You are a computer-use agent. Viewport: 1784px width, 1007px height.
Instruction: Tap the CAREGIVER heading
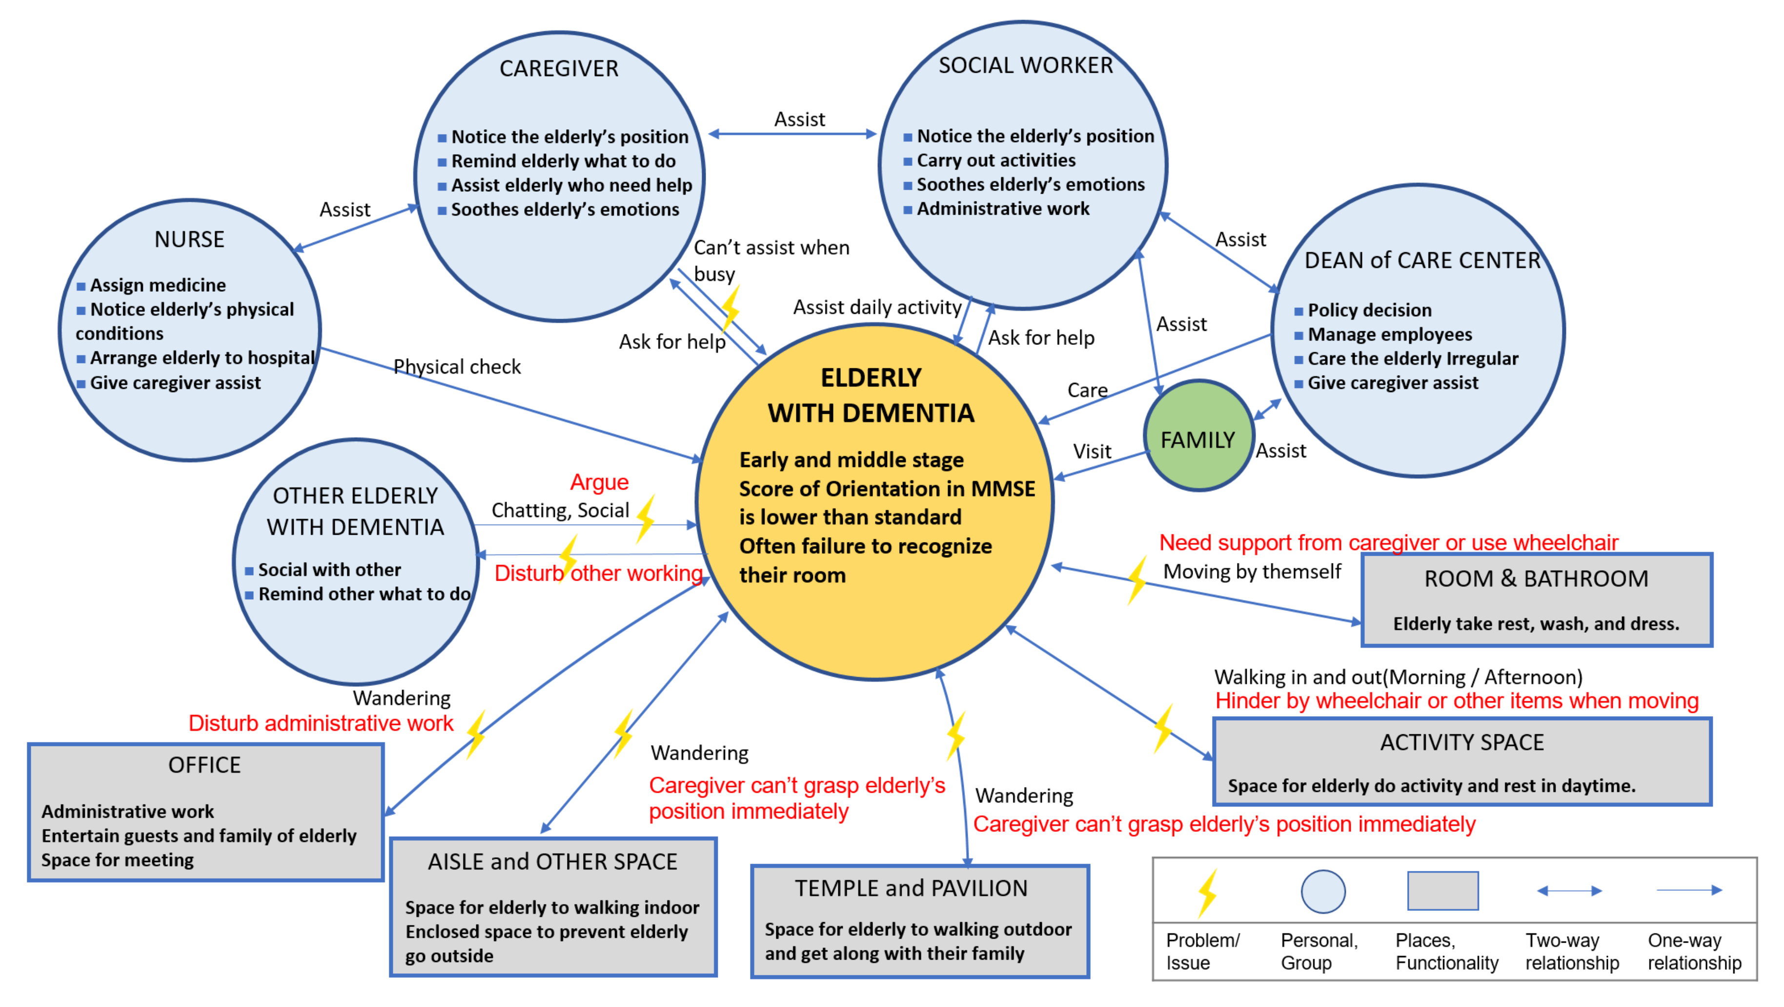click(559, 69)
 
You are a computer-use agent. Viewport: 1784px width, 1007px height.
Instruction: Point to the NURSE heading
click(189, 239)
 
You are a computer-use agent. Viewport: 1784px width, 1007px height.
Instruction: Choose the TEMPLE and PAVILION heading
click(911, 888)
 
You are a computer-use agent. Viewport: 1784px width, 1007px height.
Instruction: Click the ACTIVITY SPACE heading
click(1462, 743)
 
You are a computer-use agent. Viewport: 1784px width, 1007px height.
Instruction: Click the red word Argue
click(599, 482)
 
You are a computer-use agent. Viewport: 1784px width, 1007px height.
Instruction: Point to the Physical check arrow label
click(457, 366)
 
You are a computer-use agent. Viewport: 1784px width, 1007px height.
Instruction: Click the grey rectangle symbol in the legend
click(1442, 891)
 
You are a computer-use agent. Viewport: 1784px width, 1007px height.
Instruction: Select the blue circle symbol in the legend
click(1323, 891)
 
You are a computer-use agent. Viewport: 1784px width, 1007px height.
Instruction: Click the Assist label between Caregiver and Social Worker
click(799, 119)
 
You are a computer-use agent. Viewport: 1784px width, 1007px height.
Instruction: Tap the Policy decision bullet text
click(1369, 310)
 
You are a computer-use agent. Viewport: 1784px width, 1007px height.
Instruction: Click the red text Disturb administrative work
click(321, 723)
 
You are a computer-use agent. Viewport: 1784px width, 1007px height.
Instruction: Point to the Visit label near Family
click(1092, 452)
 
